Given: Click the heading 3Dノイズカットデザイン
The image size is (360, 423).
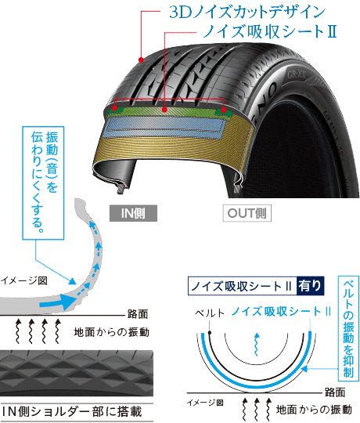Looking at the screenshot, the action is (247, 12).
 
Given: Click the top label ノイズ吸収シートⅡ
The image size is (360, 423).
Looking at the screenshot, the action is (270, 31).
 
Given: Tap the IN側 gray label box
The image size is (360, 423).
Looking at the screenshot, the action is (133, 213).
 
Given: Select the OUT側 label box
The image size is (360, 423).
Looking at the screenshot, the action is (247, 213).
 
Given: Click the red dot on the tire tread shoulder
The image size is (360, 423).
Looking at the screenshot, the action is (141, 60).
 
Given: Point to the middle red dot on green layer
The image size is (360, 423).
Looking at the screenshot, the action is (164, 109).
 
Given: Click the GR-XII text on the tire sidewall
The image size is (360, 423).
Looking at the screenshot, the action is (297, 74).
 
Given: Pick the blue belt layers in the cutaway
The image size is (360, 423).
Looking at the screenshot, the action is (165, 127).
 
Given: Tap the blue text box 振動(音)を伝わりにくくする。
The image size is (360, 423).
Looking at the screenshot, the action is (43, 183).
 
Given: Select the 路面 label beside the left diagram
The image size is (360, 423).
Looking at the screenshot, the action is (138, 314).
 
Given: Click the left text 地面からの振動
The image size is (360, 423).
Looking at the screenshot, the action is (111, 332).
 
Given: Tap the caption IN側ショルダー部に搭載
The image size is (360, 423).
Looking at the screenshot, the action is (72, 412).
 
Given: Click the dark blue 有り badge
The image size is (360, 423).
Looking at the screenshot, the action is (310, 286).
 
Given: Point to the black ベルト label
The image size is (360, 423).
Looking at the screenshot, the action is (210, 313).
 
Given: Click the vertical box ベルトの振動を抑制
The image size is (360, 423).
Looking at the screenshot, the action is (348, 328).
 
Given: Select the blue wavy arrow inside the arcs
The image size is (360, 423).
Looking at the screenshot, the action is (257, 345).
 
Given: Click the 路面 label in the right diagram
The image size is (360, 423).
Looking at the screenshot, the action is (335, 392).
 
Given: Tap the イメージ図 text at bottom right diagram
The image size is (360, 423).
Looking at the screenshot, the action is (205, 403).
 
